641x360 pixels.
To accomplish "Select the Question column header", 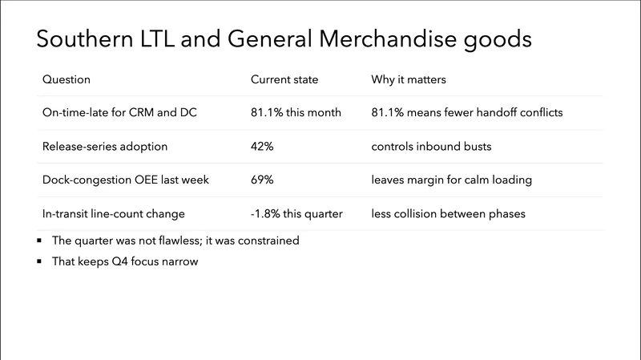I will pos(66,79).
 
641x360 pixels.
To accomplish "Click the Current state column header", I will pos(284,79).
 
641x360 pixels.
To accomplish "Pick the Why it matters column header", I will pos(409,79).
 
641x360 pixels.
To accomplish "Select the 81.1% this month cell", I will pos(296,113).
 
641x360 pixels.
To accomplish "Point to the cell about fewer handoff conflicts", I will pos(467,113).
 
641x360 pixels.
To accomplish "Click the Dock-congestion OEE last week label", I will pos(125,180).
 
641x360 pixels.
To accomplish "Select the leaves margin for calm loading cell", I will pos(452,180).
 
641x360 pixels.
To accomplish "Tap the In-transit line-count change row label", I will pos(114,214).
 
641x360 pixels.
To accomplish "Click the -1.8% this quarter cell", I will pos(297,214).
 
